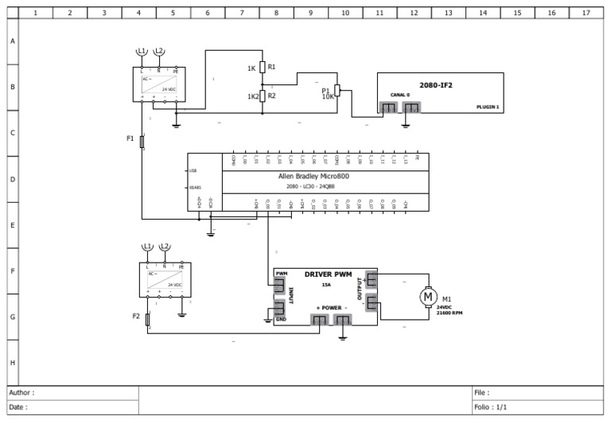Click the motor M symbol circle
[x=428, y=297]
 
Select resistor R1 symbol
[x=262, y=68]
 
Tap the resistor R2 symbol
[x=262, y=96]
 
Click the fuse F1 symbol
[x=142, y=142]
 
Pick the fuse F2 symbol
[x=148, y=319]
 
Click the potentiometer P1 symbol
[x=337, y=91]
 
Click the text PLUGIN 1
[x=488, y=106]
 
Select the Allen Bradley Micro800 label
[x=313, y=176]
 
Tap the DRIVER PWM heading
[x=328, y=274]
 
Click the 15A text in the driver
[x=326, y=284]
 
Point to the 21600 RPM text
[x=449, y=313]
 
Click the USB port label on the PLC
[x=193, y=170]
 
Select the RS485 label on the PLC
[x=195, y=189]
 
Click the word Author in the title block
[x=21, y=392]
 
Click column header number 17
[x=586, y=13]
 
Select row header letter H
[x=12, y=362]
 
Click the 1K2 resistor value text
[x=253, y=96]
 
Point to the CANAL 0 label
[x=399, y=95]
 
